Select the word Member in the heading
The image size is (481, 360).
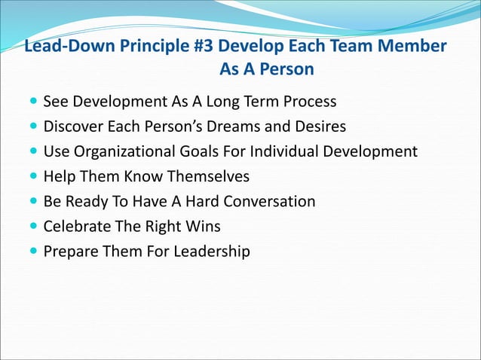[x=410, y=47]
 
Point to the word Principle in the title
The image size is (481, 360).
[x=142, y=47]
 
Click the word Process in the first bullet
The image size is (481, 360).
[x=306, y=101]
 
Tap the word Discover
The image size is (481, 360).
[x=73, y=126]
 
